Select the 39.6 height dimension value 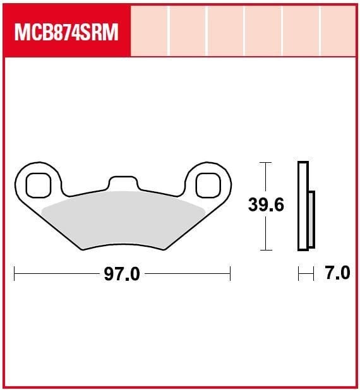point(266,206)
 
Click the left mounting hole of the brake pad point(39,184)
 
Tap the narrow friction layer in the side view point(311,218)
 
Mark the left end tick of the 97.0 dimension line point(15,275)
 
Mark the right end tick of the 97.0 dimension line point(231,275)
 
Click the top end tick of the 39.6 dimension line point(266,163)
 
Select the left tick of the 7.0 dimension point(299,274)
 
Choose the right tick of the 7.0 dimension point(313,274)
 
